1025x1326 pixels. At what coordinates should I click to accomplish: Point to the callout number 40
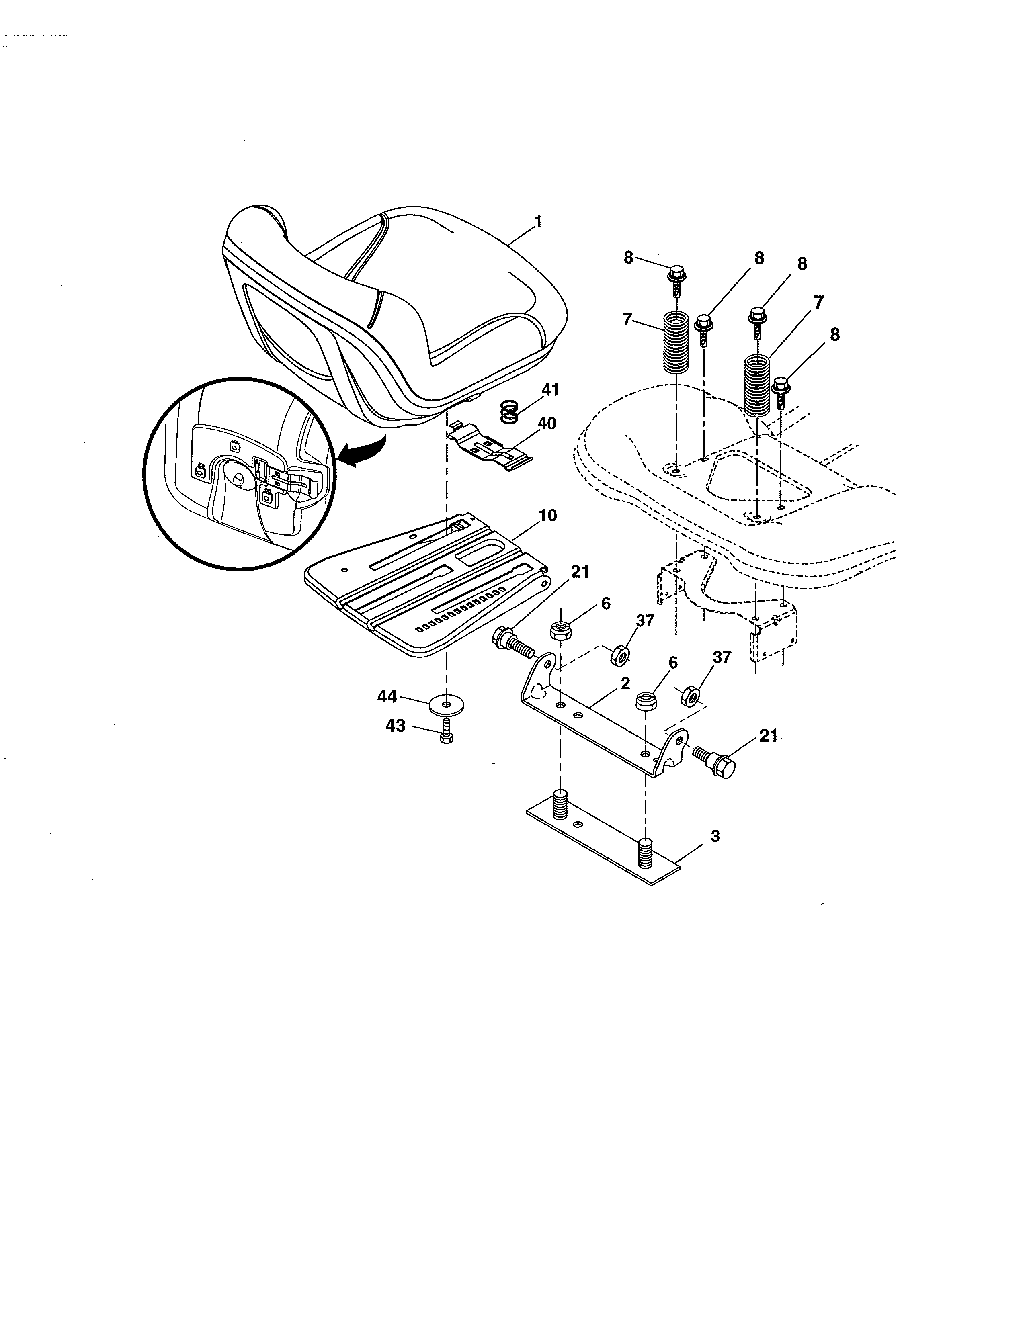pyautogui.click(x=547, y=423)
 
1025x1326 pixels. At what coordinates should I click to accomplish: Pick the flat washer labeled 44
pyautogui.click(x=446, y=705)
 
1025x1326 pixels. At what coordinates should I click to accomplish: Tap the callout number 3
pyautogui.click(x=715, y=836)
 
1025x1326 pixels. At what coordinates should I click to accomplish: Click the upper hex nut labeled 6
pyautogui.click(x=559, y=630)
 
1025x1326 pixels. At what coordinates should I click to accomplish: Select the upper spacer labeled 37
pyautogui.click(x=619, y=655)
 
